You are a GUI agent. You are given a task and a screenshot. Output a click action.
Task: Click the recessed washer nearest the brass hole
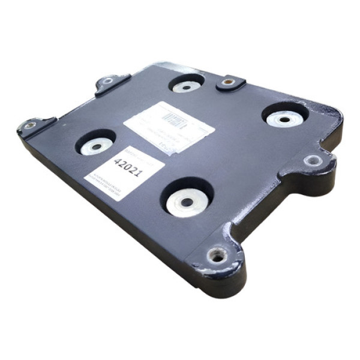tap(187, 86)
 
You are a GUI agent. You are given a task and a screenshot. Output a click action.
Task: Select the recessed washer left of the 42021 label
tap(97, 146)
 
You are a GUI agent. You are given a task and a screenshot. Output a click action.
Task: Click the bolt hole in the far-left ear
tap(28, 126)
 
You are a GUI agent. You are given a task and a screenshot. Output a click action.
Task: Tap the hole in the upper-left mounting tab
tap(108, 81)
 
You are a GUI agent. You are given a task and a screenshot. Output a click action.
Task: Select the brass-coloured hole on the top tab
tap(228, 82)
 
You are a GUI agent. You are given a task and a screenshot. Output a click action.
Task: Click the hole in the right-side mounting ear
tap(313, 161)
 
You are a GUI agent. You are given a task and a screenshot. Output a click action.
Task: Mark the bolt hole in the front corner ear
tap(217, 256)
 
